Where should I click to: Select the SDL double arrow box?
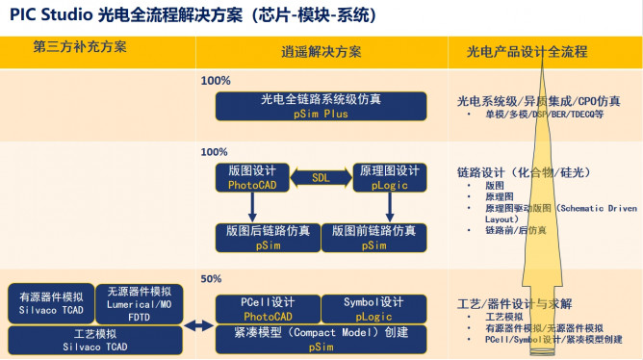[x=320, y=177]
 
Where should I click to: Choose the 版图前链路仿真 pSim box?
[x=373, y=237]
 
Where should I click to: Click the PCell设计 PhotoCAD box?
[x=266, y=308]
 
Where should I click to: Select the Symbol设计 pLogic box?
[x=373, y=308]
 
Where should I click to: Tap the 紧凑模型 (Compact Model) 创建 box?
[x=321, y=339]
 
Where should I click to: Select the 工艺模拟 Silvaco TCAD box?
[x=94, y=340]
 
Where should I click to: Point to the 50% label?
[x=211, y=279]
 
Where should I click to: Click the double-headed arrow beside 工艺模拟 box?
[x=196, y=327]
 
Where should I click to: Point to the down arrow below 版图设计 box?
[x=251, y=204]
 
